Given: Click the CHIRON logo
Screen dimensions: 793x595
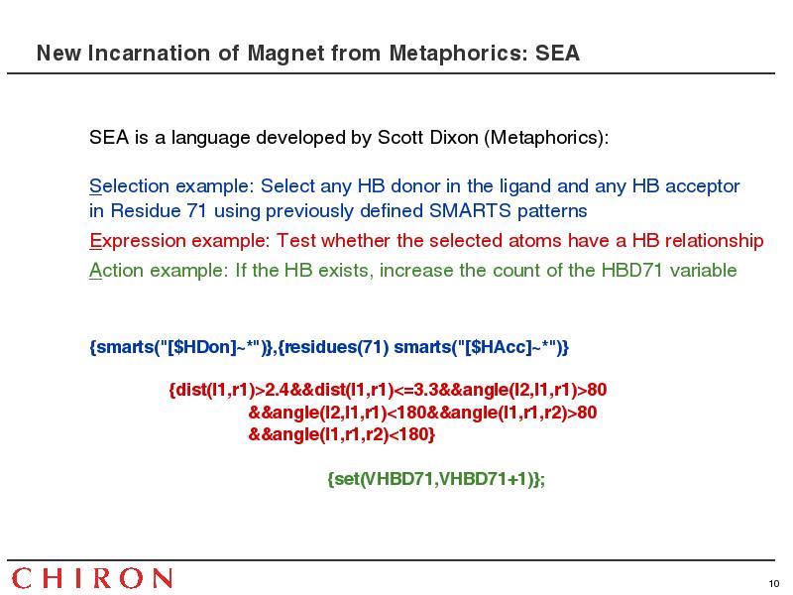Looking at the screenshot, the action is [x=92, y=578].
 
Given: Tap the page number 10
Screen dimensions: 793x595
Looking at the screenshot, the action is [x=774, y=584].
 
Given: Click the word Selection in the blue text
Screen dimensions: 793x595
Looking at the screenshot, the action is [x=130, y=186].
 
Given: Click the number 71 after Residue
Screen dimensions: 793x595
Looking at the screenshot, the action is [x=196, y=210].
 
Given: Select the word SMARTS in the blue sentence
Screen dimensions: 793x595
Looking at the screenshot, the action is [x=470, y=210].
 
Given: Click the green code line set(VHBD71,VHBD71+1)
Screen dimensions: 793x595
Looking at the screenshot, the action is [x=436, y=479].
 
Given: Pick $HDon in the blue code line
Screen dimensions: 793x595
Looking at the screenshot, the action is [x=202, y=347].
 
